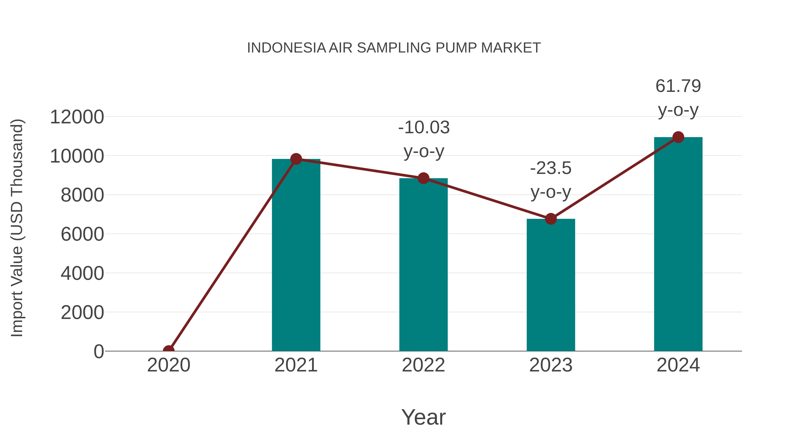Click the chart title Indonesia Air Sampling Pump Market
[394, 48]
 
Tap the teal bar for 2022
[423, 266]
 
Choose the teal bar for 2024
[678, 245]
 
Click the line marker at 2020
[169, 350]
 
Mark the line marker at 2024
[678, 137]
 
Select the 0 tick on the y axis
[98, 352]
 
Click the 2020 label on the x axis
[169, 365]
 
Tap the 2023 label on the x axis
[551, 365]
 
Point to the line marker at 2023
[551, 219]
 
